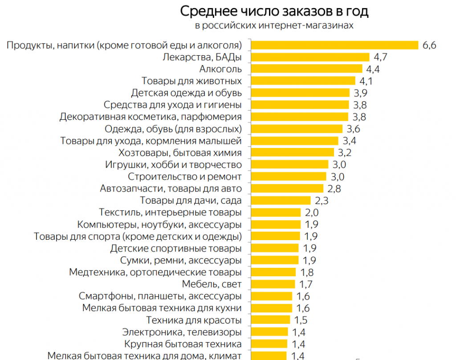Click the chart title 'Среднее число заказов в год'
click(x=274, y=11)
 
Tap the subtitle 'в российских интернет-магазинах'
click(x=274, y=25)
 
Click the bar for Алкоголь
click(x=307, y=69)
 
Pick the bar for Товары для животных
click(x=303, y=81)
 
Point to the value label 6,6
click(x=430, y=45)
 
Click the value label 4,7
click(x=381, y=57)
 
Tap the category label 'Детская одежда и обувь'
click(x=187, y=93)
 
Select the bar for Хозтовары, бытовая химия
click(x=292, y=153)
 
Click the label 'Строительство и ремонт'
click(x=185, y=176)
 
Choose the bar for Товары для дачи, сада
click(x=281, y=200)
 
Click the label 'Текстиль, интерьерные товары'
click(x=171, y=213)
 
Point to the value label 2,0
click(x=312, y=213)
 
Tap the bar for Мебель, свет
click(x=273, y=284)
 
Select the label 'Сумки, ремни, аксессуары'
click(x=181, y=260)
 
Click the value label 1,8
click(x=307, y=272)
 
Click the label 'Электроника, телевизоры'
click(x=182, y=332)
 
